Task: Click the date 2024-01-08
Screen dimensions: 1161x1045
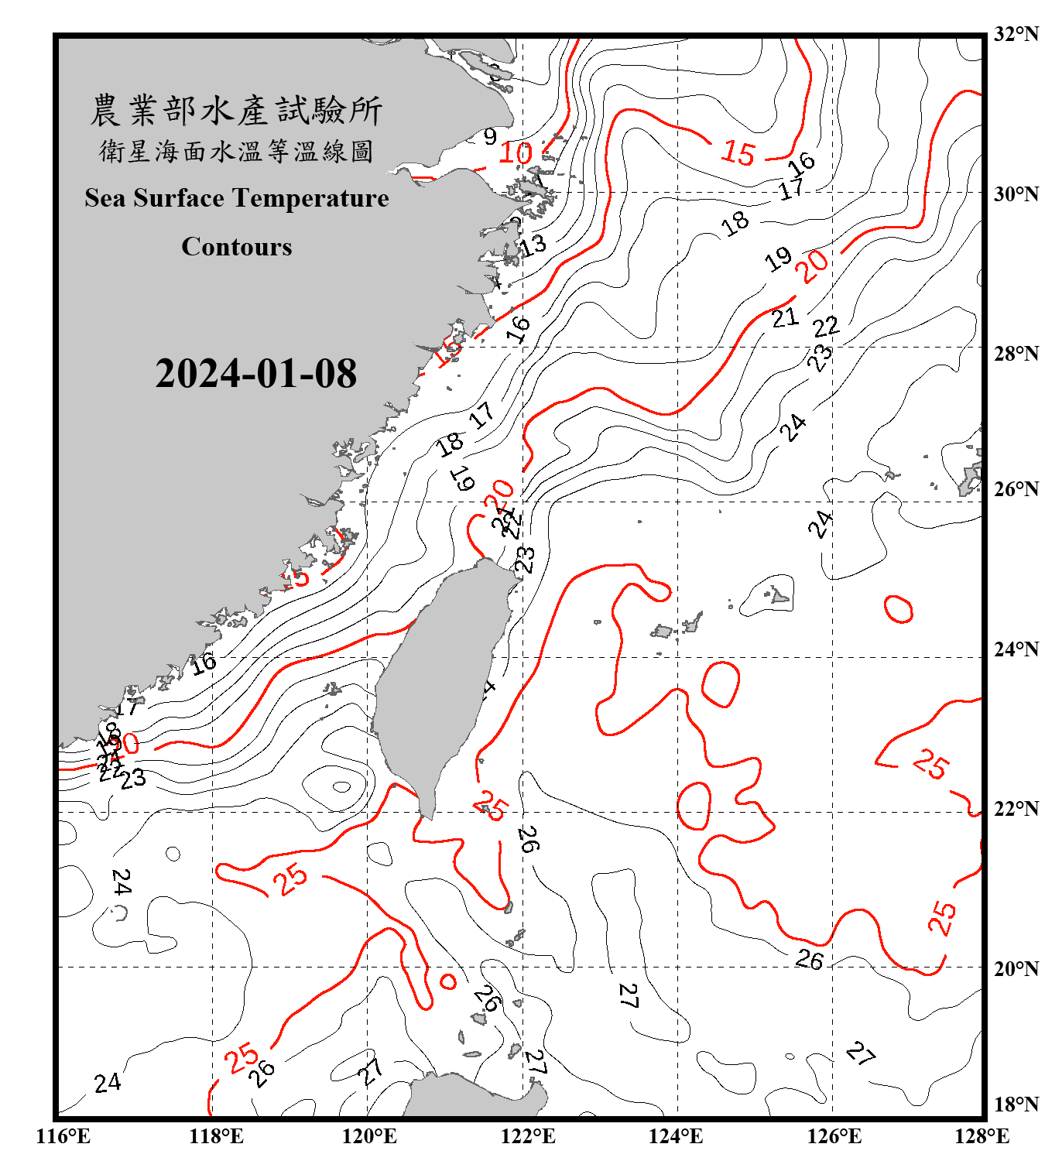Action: pos(256,374)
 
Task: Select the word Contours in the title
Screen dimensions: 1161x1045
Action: pos(237,247)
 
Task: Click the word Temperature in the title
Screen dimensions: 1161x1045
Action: pos(309,198)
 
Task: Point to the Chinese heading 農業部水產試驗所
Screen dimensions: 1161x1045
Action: pos(236,111)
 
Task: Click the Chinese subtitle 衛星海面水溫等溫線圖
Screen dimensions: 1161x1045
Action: pos(236,151)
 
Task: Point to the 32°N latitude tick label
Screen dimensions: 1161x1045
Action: pos(1016,34)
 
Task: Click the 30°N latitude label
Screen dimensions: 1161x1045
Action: pos(1016,194)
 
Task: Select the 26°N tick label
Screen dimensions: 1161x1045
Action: pos(1016,489)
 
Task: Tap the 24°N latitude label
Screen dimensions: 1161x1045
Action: pos(1016,649)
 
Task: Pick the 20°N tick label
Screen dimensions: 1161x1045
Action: pos(1016,968)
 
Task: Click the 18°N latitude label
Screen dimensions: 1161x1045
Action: pos(1016,1104)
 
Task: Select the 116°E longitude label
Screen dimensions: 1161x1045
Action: pos(63,1136)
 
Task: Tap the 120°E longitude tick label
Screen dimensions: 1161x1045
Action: pos(369,1136)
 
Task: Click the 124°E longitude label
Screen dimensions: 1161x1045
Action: pos(676,1136)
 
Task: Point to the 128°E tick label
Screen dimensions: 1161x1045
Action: pos(982,1136)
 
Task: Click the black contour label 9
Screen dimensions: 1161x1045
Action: pos(490,137)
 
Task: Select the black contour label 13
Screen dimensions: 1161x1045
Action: pos(533,245)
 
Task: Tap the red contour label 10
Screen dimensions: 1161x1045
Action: pos(515,153)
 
